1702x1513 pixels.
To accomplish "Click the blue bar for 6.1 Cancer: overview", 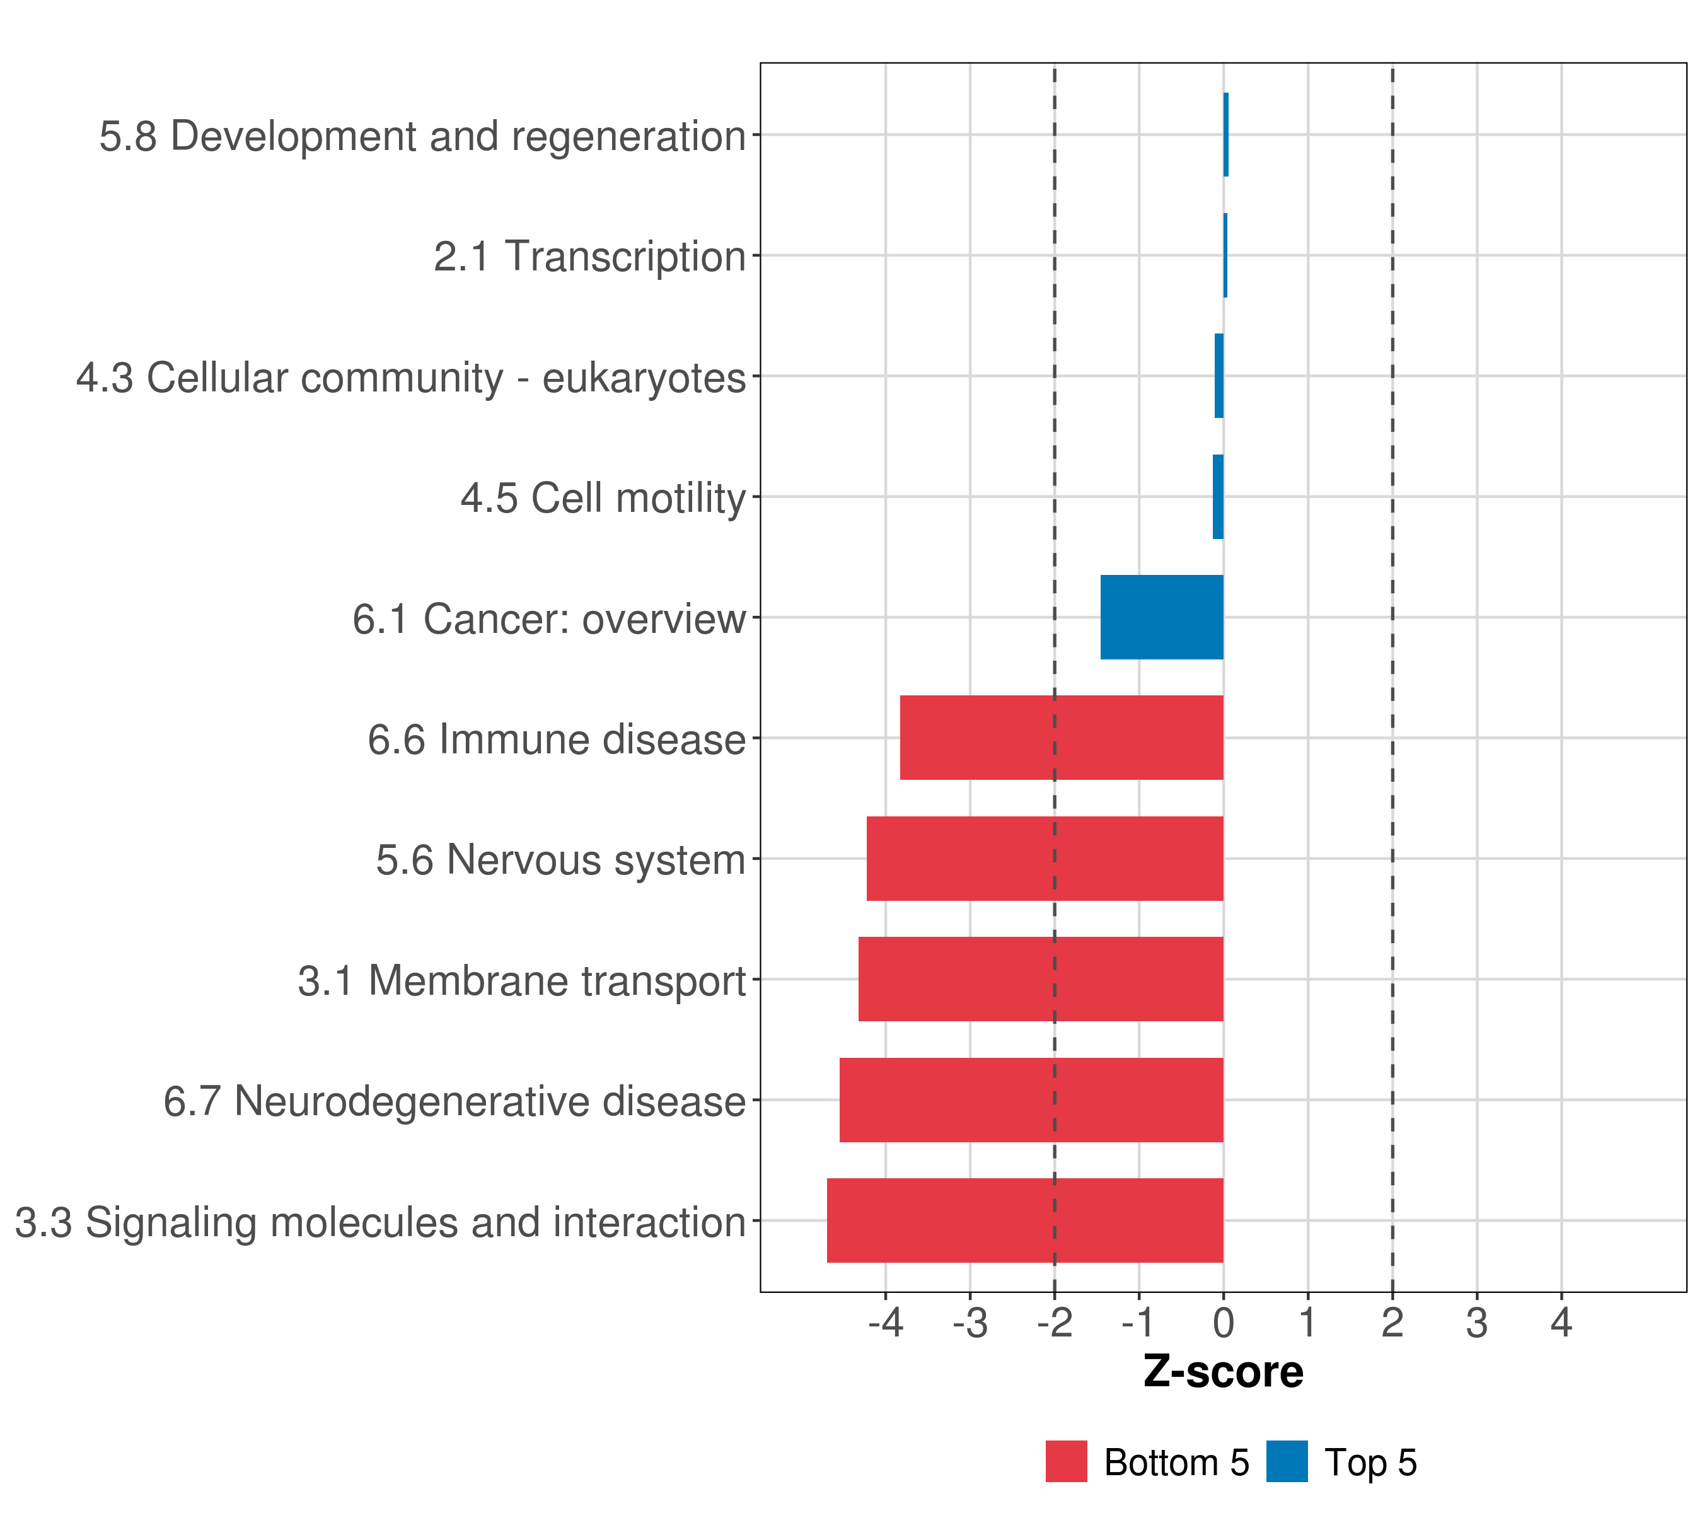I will click(1162, 617).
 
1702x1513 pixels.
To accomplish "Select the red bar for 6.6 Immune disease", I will click(1062, 738).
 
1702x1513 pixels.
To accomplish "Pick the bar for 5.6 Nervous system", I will click(1045, 859).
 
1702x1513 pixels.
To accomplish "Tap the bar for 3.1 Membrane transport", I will click(1041, 979).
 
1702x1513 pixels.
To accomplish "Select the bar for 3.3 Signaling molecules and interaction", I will click(1025, 1220).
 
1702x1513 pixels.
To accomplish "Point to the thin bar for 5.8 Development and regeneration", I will click(1225, 135).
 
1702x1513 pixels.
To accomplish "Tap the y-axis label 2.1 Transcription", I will click(589, 257).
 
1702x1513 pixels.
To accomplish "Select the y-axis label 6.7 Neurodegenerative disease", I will click(454, 1101).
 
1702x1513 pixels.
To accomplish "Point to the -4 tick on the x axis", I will click(885, 1323).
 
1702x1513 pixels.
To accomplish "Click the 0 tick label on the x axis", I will click(1223, 1323).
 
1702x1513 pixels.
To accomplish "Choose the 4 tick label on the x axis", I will click(1561, 1323).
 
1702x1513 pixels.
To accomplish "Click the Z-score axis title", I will click(1223, 1372).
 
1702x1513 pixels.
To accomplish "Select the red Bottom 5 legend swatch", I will click(1067, 1462).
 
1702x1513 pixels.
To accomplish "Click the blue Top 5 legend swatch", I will click(1287, 1462).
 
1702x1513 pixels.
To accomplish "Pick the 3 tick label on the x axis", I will click(1477, 1323).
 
